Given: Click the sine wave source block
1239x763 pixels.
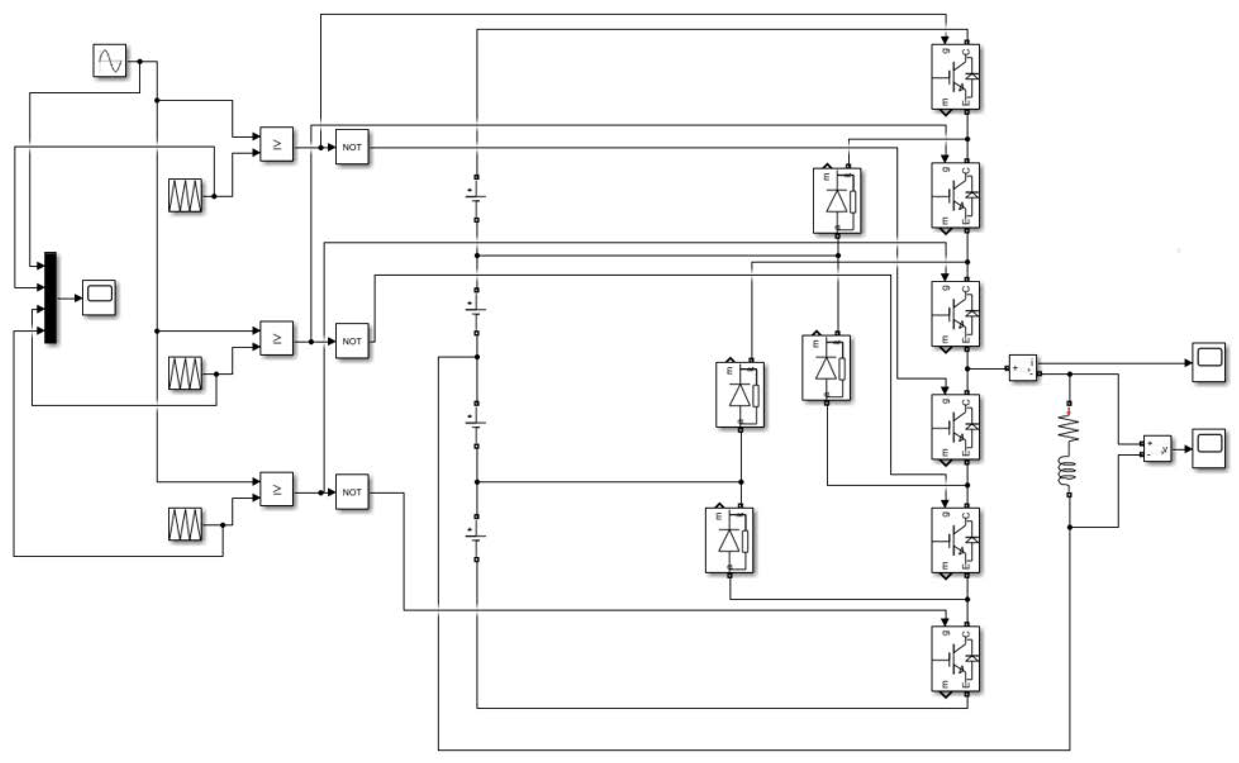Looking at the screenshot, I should coord(110,61).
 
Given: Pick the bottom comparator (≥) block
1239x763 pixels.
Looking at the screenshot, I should coord(276,489).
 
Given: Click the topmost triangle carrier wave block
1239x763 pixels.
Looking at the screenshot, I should coord(185,195).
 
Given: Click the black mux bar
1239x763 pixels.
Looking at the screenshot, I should coord(50,298).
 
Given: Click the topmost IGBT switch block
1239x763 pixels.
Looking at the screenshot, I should coord(955,77).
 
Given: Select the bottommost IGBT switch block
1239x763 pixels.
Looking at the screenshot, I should coord(955,659).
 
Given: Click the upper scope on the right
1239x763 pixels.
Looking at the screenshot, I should coord(1209,362).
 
